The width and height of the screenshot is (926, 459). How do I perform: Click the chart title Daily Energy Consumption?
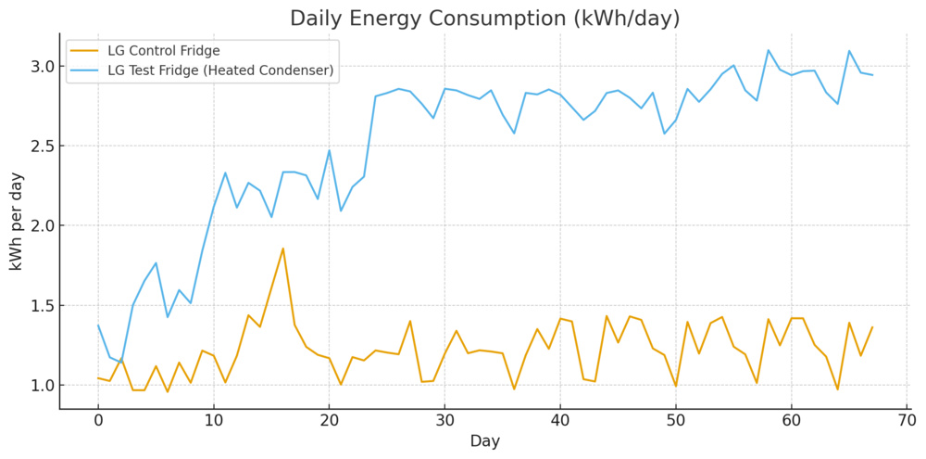click(x=484, y=19)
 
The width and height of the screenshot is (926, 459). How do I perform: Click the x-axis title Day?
click(x=484, y=442)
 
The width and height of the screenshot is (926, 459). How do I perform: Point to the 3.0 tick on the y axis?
click(x=43, y=67)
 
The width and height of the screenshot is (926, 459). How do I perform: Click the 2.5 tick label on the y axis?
click(x=43, y=147)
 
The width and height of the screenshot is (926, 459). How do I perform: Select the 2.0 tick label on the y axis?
click(x=43, y=226)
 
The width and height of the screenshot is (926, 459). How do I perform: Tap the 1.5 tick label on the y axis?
click(x=43, y=306)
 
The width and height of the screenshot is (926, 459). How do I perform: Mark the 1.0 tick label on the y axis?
click(x=43, y=386)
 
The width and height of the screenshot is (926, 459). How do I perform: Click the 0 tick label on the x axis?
click(x=98, y=422)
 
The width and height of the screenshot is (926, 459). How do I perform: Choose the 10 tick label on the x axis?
click(x=214, y=422)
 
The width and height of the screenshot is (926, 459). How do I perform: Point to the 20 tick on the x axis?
click(x=329, y=422)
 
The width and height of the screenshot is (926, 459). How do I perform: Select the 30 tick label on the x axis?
click(x=444, y=422)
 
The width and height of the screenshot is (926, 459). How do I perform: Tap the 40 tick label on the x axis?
click(x=560, y=422)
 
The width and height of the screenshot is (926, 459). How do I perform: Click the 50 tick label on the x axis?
click(x=676, y=422)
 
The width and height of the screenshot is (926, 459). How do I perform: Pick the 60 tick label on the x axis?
click(x=791, y=422)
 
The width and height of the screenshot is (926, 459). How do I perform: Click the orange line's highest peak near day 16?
click(x=283, y=249)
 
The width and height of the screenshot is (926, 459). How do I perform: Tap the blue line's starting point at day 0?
click(x=98, y=325)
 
